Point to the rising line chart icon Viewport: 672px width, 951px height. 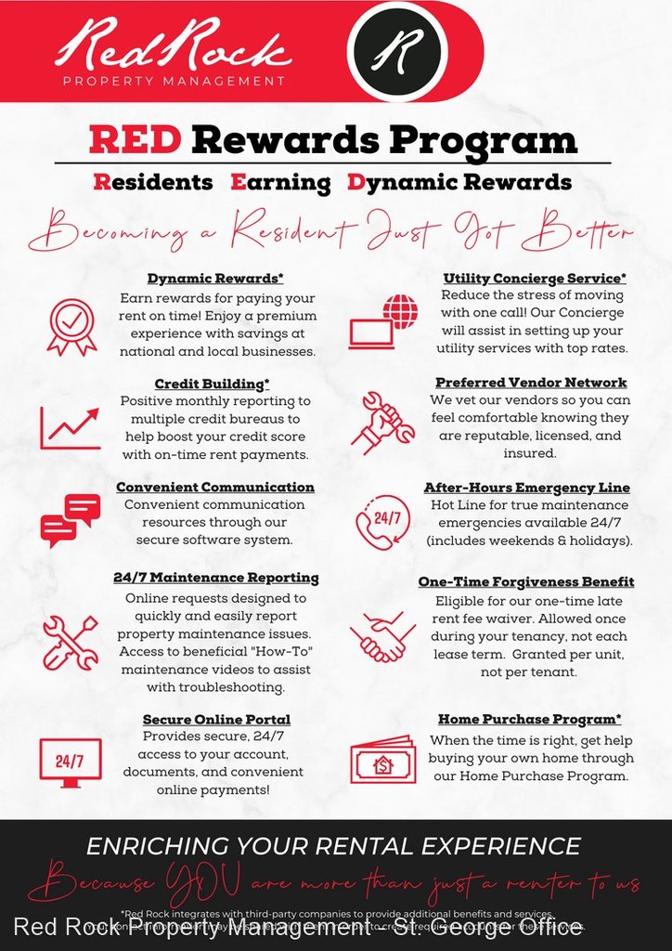click(70, 428)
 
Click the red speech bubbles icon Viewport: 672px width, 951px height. click(71, 520)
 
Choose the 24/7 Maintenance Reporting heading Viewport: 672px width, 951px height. click(216, 578)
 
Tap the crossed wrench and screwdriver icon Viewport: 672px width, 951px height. click(71, 641)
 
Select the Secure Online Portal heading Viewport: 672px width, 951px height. click(216, 720)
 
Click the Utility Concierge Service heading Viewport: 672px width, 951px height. click(535, 278)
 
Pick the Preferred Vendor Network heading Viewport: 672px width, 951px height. click(532, 383)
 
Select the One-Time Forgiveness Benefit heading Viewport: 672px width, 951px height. click(526, 581)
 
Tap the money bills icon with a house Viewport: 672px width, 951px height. click(382, 760)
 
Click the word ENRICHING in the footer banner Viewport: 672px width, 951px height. click(156, 846)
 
